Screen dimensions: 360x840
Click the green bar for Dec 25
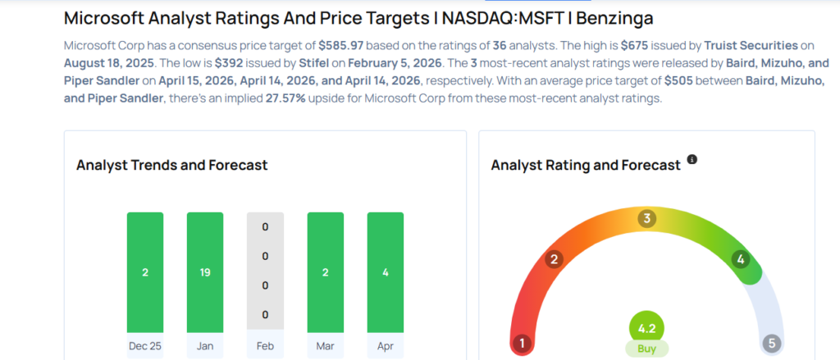(x=145, y=271)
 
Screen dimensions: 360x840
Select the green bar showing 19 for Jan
(x=205, y=271)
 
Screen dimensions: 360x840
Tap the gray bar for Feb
(x=265, y=271)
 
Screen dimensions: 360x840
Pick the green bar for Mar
(x=325, y=271)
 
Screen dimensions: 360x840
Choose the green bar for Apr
(x=385, y=271)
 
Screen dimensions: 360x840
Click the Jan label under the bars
(x=205, y=347)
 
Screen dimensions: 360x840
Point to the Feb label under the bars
(x=265, y=347)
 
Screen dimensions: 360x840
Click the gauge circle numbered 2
(x=555, y=260)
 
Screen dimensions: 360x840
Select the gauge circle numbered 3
(x=647, y=219)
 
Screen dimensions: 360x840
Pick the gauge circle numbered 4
(x=741, y=260)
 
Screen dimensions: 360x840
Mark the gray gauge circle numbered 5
(x=771, y=343)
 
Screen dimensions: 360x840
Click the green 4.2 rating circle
(x=647, y=329)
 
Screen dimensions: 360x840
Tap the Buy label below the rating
(x=647, y=349)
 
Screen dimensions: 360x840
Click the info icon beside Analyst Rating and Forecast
(x=692, y=159)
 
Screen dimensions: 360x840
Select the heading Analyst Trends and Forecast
(x=171, y=165)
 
